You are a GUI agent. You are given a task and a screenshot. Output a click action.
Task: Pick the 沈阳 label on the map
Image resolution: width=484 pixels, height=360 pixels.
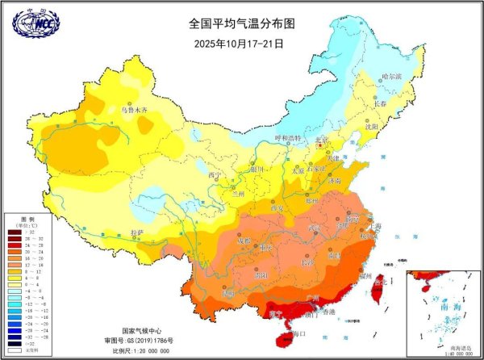[370, 127]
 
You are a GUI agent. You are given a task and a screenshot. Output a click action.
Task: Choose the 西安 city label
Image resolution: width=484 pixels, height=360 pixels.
[278, 207]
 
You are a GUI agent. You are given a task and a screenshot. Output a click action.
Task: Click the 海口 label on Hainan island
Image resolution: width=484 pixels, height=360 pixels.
[299, 333]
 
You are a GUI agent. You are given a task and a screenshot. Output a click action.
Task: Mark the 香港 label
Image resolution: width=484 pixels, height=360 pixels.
[328, 312]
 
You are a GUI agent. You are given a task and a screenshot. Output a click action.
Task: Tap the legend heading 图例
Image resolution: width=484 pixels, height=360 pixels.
[24, 219]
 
